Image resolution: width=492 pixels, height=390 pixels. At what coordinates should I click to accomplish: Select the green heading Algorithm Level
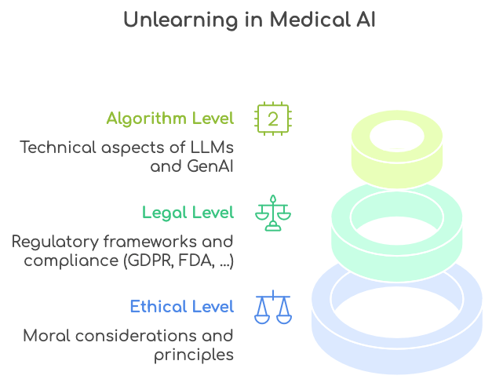tap(170, 118)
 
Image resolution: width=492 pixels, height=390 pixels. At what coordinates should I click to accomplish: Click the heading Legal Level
tap(188, 212)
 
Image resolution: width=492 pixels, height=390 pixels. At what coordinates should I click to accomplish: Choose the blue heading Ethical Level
tap(182, 306)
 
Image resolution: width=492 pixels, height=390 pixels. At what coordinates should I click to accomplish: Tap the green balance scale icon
tap(272, 213)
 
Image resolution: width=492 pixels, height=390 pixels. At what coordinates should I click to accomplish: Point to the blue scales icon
tap(272, 307)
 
